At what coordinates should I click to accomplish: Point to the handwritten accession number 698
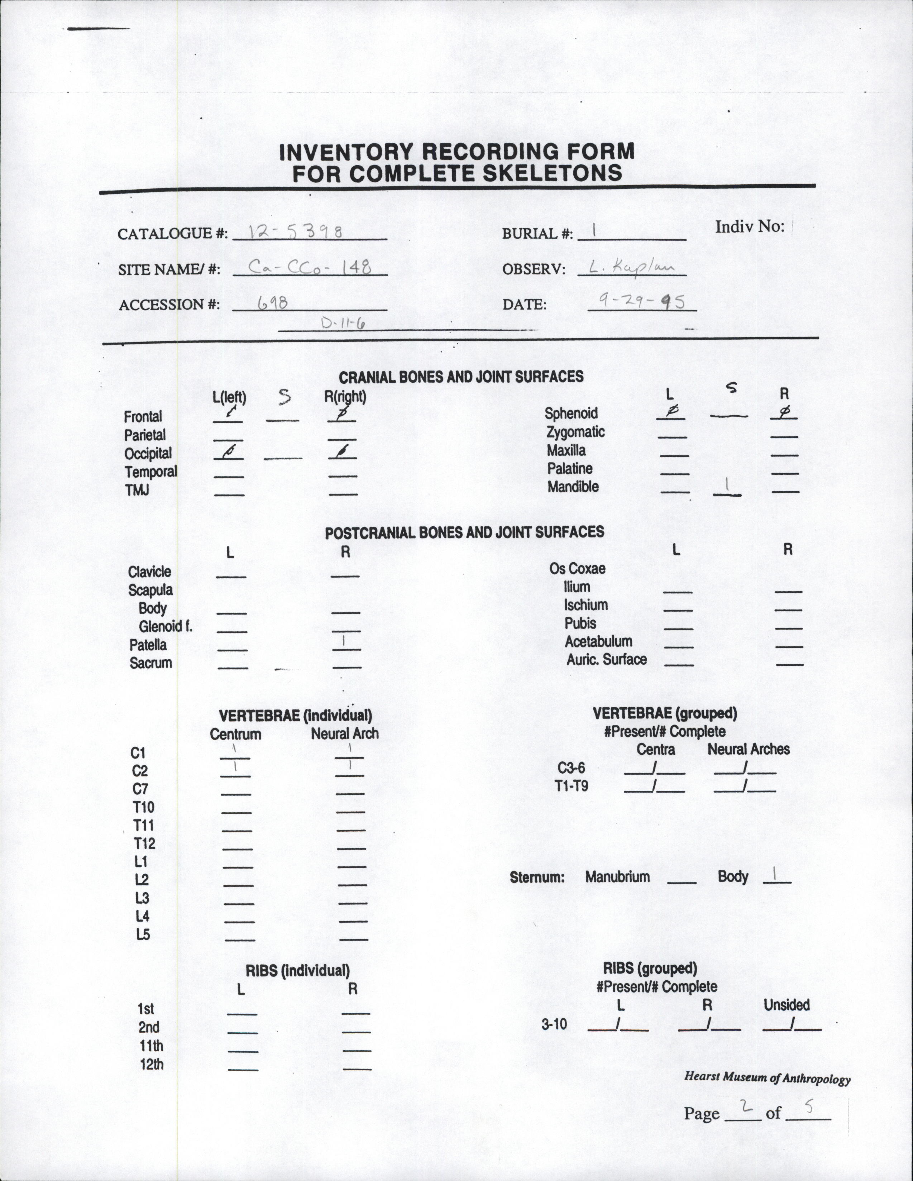coord(272,303)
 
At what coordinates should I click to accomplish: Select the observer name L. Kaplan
coord(631,267)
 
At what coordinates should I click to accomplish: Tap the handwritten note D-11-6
coord(343,323)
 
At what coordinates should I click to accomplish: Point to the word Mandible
coord(573,487)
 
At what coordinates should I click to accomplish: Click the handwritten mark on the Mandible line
coord(727,486)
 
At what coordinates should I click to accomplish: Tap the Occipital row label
coord(148,453)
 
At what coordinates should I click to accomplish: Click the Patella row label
coord(148,645)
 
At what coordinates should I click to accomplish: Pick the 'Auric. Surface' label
coord(606,659)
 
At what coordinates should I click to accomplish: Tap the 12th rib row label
coord(152,1064)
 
